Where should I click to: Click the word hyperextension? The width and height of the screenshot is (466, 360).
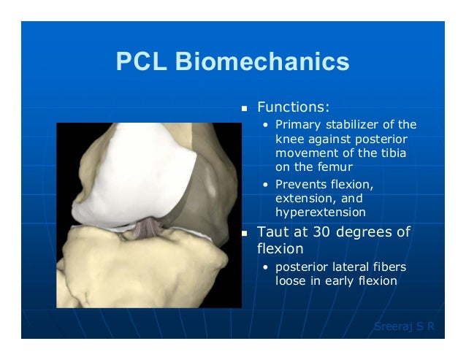[x=320, y=212]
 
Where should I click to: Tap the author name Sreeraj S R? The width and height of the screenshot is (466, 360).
[x=404, y=326]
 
